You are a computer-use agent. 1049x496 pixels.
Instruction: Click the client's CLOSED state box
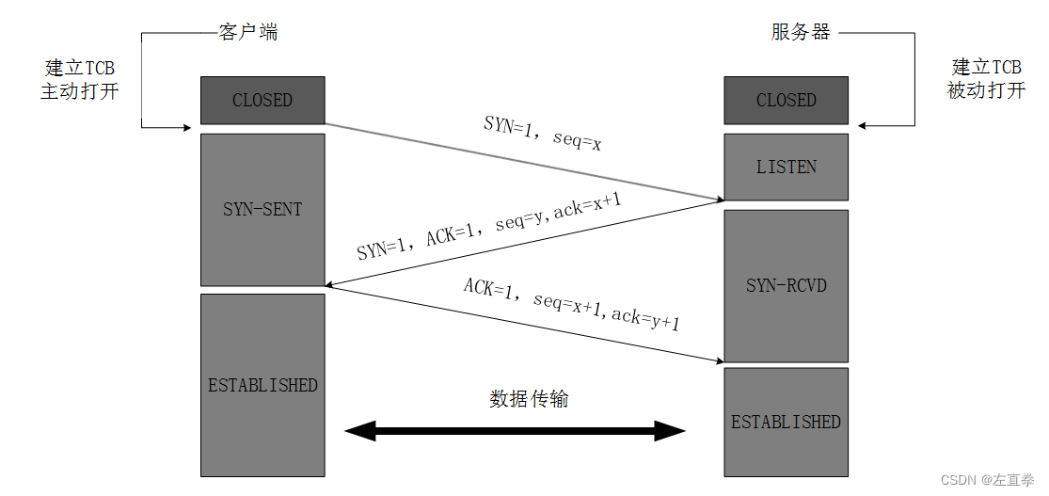coord(262,100)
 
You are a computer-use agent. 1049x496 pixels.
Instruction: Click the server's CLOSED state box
coord(786,100)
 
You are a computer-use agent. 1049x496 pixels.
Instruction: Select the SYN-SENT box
coord(262,209)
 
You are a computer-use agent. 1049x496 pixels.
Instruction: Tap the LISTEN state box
coord(786,167)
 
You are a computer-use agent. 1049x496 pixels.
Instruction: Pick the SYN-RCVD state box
coord(786,284)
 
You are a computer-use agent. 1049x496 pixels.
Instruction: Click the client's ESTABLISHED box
coord(262,385)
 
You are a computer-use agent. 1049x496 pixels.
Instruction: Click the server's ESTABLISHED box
coord(786,422)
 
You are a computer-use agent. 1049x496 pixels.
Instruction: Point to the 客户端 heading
coord(248,32)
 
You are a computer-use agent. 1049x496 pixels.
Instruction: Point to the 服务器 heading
coord(801,32)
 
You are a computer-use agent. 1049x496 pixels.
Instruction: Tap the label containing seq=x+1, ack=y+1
coord(571,303)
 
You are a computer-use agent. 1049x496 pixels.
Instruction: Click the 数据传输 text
coord(529,399)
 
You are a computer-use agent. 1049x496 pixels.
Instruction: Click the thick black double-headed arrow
coord(515,432)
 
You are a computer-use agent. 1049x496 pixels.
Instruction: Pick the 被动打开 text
coord(985,91)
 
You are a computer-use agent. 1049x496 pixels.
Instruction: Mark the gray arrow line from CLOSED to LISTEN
coord(522,161)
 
